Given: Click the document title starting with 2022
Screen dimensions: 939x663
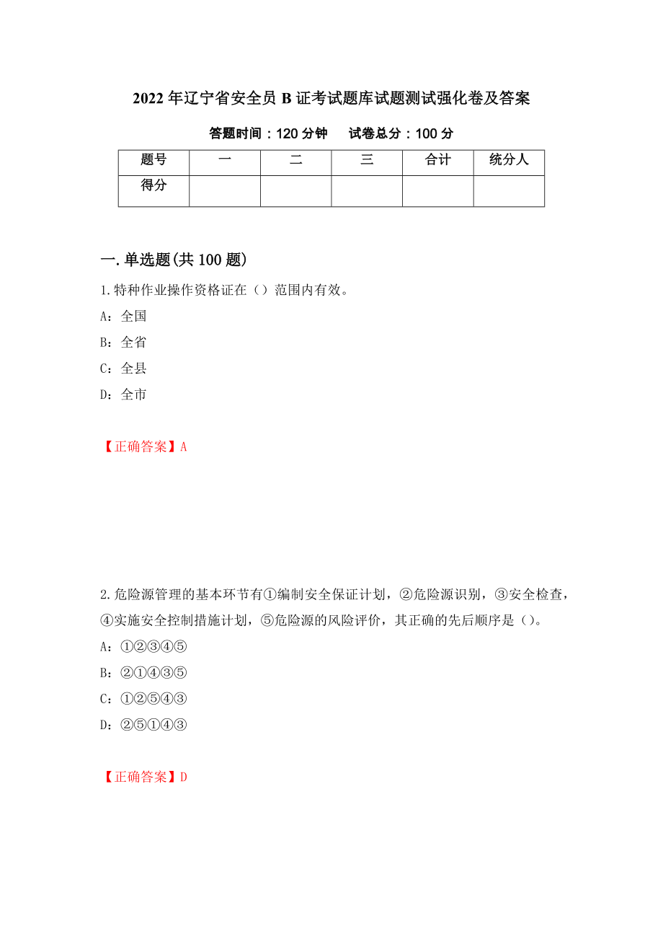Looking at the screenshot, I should coord(331,99).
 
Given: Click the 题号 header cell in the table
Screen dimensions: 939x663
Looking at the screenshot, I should coord(153,161).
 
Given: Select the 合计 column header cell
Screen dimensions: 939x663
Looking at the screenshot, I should coord(437,161).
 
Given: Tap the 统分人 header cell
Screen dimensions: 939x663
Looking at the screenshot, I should coord(509,161).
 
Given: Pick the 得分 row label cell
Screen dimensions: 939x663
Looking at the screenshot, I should coord(153,186).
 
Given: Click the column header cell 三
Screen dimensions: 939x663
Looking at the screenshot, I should coord(367,161).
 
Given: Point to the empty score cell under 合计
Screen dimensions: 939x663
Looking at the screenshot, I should coord(437,191).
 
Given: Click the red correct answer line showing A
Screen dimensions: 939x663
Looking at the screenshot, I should coord(144,446).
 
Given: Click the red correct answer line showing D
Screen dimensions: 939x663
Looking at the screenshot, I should coord(144,777).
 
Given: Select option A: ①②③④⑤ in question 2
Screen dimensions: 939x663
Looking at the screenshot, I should coord(143,646).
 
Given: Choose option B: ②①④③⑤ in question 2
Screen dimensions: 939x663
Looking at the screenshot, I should coord(143,672).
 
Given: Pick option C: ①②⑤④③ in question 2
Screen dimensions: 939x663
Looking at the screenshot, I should coord(143,698).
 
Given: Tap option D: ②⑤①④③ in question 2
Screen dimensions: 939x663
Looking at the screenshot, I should coord(143,724).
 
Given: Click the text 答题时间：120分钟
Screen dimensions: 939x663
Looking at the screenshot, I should coord(268,133).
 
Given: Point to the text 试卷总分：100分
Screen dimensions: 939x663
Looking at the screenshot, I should coord(401,133).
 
